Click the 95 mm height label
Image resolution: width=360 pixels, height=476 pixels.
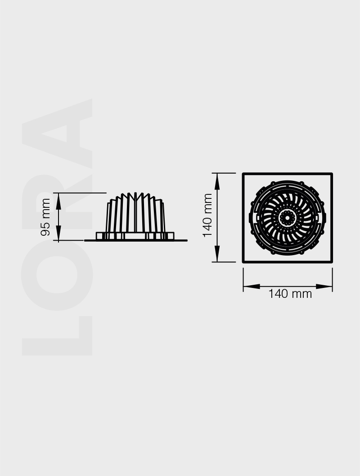pos(45,217)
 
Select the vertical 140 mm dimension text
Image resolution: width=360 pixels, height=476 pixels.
pos(207,215)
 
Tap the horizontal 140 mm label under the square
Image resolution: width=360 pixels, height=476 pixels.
pos(290,294)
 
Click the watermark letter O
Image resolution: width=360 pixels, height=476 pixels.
pos(57,274)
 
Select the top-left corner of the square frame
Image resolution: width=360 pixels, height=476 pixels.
pos(243,174)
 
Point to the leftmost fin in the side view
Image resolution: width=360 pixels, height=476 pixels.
pos(108,218)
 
